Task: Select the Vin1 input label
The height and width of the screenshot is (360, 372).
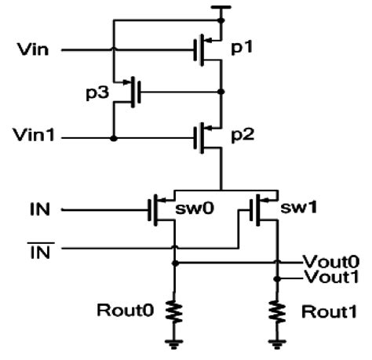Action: [x=35, y=138]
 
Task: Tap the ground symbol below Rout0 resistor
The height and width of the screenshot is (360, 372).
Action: [x=174, y=342]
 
